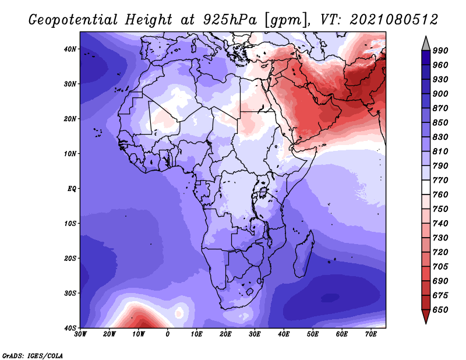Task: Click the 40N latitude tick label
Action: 70,49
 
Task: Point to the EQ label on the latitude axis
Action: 72,189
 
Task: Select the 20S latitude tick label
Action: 70,258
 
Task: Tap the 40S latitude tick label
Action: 70,328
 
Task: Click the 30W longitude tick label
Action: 80,334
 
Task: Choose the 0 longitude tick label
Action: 168,334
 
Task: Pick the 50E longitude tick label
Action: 313,334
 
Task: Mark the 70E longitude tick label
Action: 371,334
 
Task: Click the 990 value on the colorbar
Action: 440,51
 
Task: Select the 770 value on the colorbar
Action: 440,180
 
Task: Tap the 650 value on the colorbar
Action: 440,310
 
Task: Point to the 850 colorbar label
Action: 440,122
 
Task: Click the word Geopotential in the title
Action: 73,20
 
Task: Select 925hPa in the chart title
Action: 230,20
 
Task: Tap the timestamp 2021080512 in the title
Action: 394,20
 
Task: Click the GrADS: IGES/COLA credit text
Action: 33,355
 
